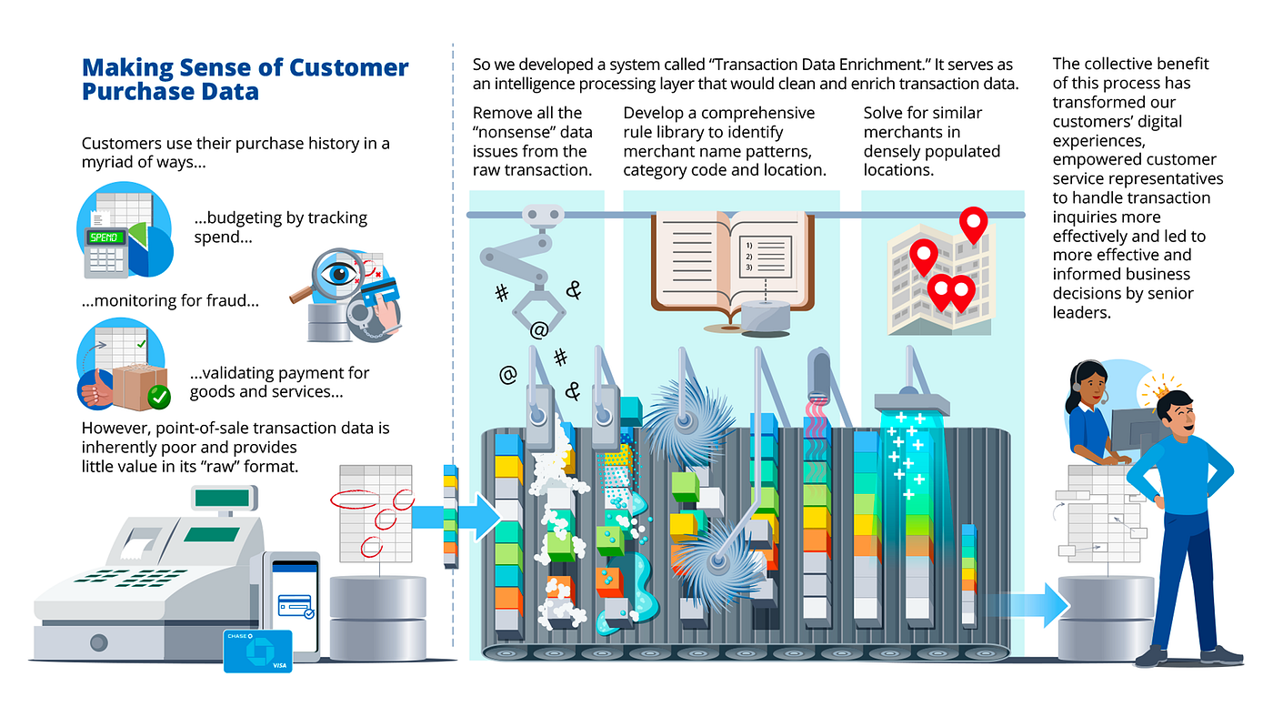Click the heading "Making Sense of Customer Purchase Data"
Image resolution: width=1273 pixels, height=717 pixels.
[x=246, y=79]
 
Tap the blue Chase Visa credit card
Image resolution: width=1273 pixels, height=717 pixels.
[x=257, y=651]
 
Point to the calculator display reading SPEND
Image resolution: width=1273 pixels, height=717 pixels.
[x=106, y=237]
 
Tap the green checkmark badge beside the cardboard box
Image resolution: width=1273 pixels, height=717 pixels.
[x=158, y=397]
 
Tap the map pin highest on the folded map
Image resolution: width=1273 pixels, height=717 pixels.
[x=974, y=224]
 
